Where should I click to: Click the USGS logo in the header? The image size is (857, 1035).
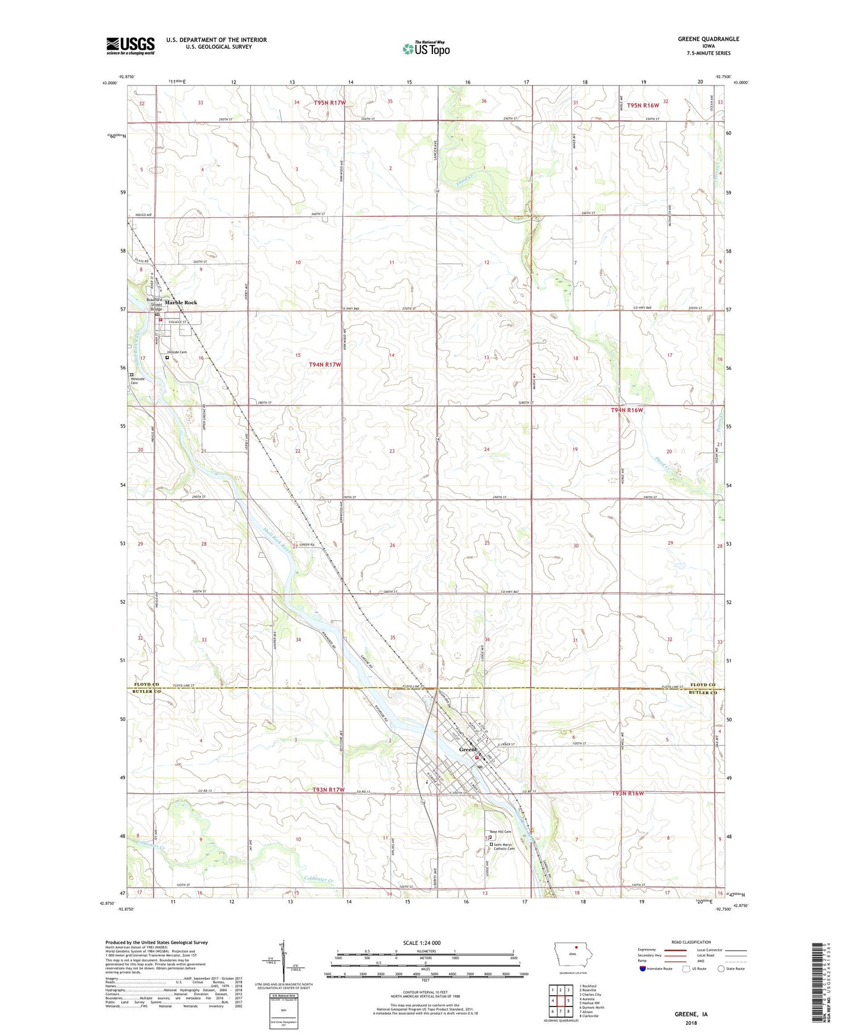130,46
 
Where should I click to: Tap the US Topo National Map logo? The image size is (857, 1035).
426,48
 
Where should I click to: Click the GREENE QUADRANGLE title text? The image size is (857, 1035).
708,39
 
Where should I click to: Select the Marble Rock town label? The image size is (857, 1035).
181,303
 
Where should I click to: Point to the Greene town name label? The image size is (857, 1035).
468,750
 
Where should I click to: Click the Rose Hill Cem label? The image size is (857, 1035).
500,832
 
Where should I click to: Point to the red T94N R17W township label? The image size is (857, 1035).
324,365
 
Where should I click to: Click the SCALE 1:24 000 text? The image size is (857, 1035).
422,943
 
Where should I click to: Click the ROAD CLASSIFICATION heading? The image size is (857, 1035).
690,942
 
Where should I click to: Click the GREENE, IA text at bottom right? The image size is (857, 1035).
691,1014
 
